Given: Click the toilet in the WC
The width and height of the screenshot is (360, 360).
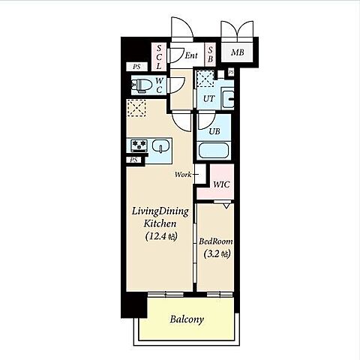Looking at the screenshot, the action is point(141,85).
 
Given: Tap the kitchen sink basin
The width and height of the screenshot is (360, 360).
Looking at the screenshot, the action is point(160,145).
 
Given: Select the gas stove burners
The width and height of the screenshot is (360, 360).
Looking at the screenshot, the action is point(139,145).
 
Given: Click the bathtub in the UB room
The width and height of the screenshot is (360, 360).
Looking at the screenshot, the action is point(214,150).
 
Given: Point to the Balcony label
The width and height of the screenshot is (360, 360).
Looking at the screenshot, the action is point(187,319).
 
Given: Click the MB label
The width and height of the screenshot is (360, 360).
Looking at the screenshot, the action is point(238,52).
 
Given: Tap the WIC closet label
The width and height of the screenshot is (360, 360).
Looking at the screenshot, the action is point(221,184).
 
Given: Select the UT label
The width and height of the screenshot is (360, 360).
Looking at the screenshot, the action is point(208,99).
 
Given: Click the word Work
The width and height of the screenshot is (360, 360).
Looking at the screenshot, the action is point(183,175).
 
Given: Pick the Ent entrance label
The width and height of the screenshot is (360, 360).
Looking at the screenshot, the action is point(191,55).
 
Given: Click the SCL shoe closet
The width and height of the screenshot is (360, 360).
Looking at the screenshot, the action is point(159,57).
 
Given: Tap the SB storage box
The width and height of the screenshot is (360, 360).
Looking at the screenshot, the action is point(210,55).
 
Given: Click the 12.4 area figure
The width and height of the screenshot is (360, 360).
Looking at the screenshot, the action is point(157,236).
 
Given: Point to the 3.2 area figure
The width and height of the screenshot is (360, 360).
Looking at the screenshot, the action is point(212,254).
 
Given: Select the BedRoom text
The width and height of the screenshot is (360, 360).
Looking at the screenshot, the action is point(216,241).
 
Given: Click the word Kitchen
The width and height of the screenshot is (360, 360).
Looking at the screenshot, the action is point(160,223).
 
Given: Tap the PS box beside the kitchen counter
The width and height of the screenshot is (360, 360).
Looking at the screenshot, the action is point(134,160).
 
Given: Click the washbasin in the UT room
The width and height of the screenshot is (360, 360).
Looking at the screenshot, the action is point(228,98).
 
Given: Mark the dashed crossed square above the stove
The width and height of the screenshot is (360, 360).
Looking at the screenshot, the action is point(136,108).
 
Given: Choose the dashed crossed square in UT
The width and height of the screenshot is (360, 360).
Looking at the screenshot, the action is point(205,79).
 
